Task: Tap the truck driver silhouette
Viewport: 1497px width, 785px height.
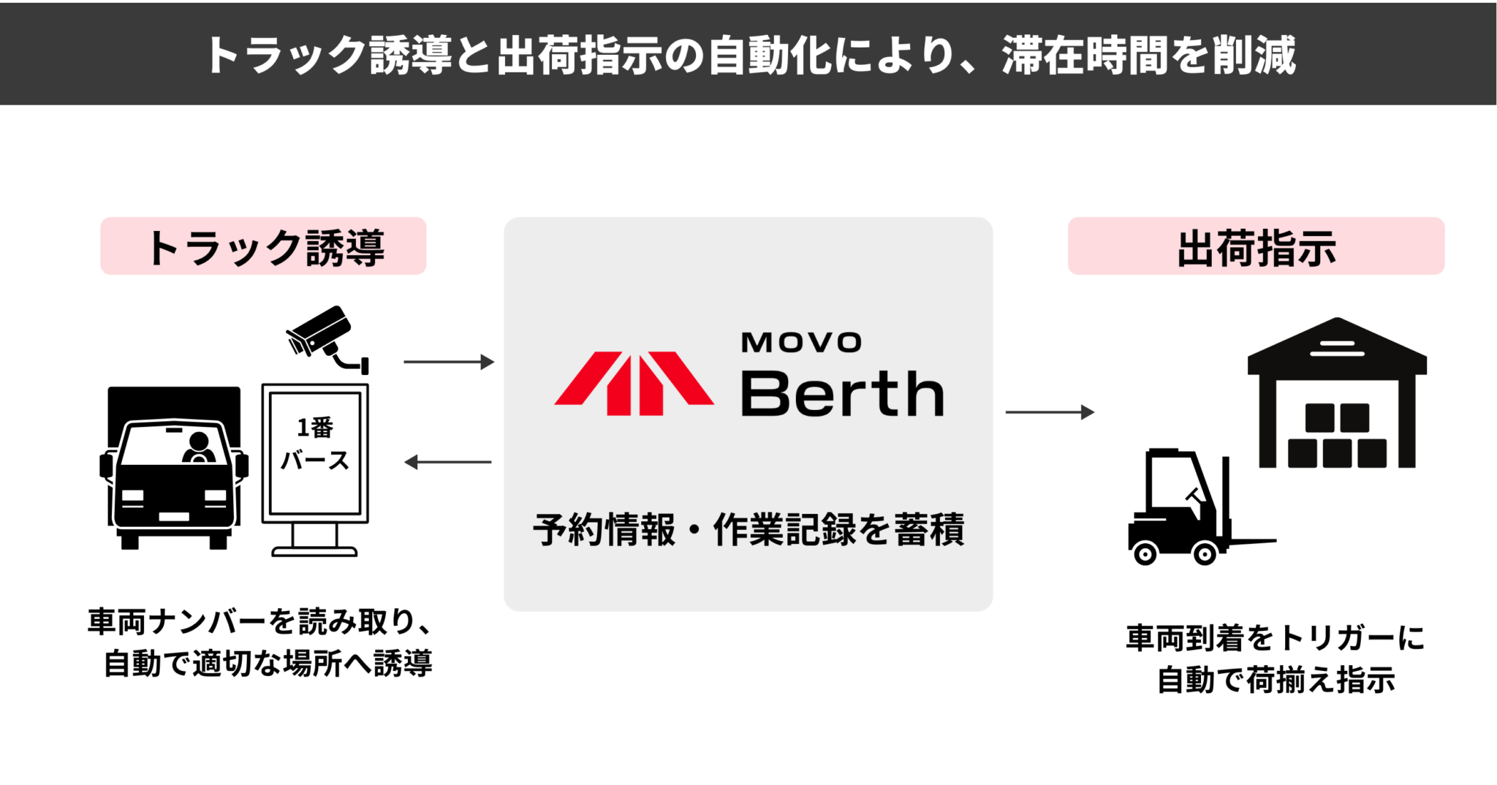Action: click(198, 447)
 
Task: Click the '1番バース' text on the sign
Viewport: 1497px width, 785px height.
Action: click(315, 444)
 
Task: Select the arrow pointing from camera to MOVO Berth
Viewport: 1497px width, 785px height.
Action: click(448, 362)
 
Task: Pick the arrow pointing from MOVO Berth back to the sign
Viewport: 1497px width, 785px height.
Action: click(448, 462)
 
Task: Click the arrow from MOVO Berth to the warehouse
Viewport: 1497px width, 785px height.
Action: click(1050, 412)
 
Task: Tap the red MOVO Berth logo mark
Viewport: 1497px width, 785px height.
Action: click(634, 383)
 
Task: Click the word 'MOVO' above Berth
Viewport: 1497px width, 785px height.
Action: click(801, 343)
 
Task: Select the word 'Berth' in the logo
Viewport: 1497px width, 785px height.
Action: click(842, 394)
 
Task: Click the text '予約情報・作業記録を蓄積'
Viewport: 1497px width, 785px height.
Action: click(748, 529)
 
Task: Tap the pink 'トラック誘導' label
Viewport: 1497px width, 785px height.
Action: click(263, 247)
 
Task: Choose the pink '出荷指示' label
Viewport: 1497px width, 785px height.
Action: click(1256, 247)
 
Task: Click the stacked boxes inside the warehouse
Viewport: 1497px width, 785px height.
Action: click(1337, 436)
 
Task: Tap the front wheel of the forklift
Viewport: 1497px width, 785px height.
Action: click(1205, 553)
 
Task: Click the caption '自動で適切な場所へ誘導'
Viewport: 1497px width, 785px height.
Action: click(268, 664)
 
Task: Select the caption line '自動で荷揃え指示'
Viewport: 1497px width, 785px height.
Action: click(1276, 680)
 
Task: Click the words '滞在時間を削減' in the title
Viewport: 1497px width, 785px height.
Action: click(1148, 55)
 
